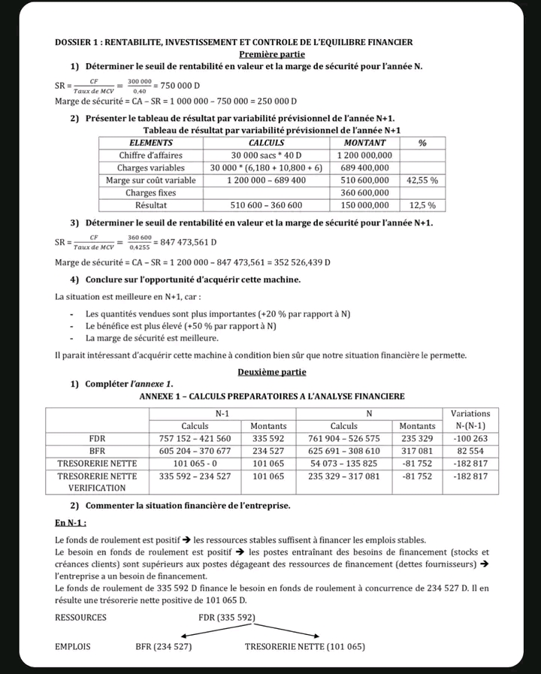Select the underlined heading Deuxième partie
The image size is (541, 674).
[x=272, y=372]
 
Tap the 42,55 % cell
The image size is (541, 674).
[x=422, y=180]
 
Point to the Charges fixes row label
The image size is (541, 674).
[x=150, y=192]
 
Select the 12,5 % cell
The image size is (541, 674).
[x=422, y=204]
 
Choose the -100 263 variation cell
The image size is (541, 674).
[x=470, y=438]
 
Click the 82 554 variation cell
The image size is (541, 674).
[x=470, y=451]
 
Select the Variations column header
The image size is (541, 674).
[x=470, y=413]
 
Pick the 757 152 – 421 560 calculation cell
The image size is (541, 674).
[x=195, y=438]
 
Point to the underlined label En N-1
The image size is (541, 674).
[x=71, y=523]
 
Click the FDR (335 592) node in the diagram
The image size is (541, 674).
[x=227, y=618]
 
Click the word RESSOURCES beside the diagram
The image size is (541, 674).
[x=80, y=618]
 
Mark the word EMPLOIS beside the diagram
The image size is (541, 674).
[x=73, y=646]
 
